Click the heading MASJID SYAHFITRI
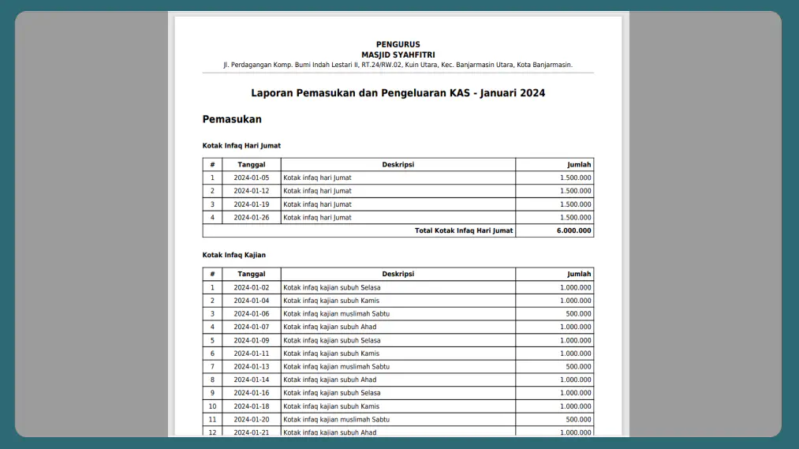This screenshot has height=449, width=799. click(398, 54)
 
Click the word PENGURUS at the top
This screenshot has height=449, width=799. click(398, 44)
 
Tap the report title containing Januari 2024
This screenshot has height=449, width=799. click(398, 93)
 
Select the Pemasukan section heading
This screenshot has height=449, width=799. click(232, 119)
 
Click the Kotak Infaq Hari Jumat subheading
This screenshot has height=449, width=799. click(241, 146)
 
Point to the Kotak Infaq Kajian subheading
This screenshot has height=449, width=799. click(234, 255)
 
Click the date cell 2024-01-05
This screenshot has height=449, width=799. click(251, 178)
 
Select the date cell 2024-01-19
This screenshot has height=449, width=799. click(251, 204)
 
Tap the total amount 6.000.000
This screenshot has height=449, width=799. click(575, 231)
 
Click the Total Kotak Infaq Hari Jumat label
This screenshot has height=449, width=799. click(464, 231)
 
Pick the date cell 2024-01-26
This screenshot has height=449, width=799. click(251, 218)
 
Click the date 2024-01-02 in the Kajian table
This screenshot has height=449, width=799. click(251, 288)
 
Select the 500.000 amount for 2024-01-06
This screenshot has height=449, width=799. click(578, 314)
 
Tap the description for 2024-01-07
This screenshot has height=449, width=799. click(330, 327)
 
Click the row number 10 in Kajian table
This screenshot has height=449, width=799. click(212, 406)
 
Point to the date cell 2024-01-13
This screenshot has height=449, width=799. click(251, 367)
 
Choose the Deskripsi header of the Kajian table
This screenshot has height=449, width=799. click(398, 275)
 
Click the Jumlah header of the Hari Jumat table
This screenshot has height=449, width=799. click(579, 165)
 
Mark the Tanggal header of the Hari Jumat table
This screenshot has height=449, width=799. click(251, 165)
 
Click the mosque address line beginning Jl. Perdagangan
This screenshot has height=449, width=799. click(398, 65)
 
